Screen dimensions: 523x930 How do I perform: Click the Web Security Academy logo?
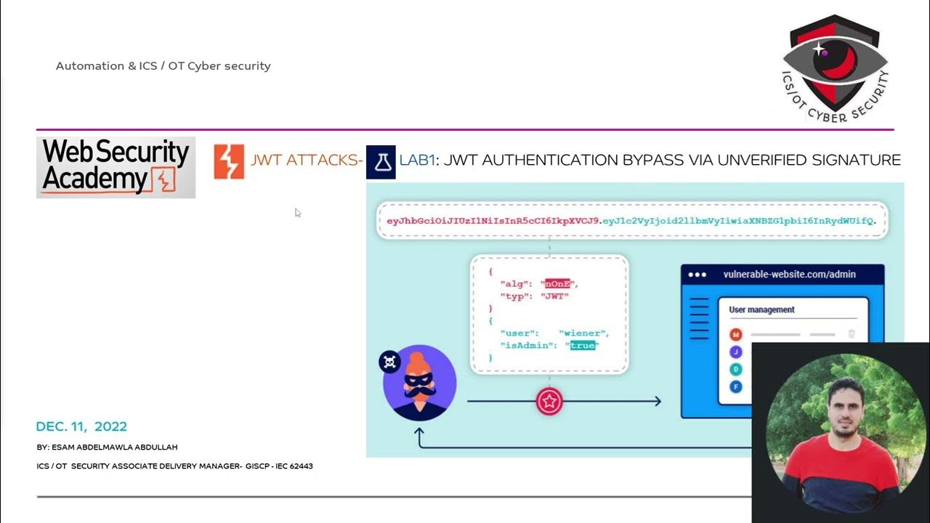point(116,167)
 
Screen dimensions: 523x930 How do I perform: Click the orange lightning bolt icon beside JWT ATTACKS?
point(229,161)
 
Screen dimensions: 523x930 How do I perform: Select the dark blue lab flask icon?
point(381,161)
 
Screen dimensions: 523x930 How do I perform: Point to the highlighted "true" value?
point(582,345)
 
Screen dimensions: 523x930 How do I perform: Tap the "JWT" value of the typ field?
point(556,296)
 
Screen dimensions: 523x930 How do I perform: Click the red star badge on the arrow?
point(549,401)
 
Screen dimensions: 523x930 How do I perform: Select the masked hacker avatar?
point(419,383)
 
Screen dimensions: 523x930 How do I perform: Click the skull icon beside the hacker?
point(390,362)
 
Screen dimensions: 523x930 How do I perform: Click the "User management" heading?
point(761,309)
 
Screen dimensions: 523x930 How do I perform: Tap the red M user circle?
point(736,334)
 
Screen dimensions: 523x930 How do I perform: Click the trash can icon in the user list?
point(852,334)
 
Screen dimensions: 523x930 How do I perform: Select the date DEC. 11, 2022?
point(81,427)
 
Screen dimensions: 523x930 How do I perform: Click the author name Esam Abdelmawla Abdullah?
point(107,447)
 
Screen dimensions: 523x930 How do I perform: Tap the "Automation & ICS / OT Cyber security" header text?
point(163,66)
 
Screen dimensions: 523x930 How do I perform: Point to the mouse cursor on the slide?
point(297,212)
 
